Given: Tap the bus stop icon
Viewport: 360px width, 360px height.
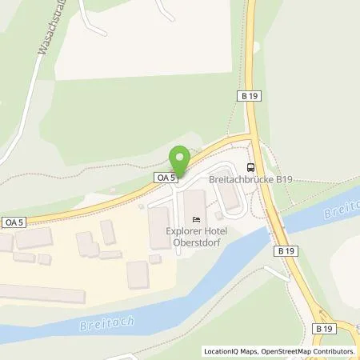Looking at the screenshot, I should click(x=251, y=167).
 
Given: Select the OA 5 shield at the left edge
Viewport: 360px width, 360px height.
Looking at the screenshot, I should click(x=14, y=222).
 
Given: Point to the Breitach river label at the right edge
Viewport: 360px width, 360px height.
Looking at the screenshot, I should click(x=344, y=211).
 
